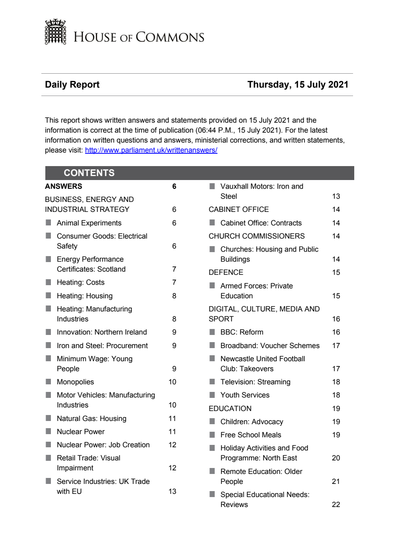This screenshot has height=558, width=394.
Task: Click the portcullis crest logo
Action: (55, 32)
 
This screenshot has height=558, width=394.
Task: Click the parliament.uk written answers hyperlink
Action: (151, 150)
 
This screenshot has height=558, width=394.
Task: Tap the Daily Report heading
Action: (72, 84)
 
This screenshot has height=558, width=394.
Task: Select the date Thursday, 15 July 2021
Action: (298, 84)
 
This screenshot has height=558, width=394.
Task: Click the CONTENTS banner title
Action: (89, 173)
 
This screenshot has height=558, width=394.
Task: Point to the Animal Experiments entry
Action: (89, 223)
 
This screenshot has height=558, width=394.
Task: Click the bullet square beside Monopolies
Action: (49, 382)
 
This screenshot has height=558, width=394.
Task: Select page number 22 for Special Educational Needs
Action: (336, 505)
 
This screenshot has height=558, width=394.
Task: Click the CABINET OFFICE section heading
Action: (239, 209)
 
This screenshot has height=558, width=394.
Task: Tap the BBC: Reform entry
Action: (242, 332)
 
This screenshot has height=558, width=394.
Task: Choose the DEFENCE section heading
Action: (226, 272)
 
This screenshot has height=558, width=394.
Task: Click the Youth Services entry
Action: (245, 395)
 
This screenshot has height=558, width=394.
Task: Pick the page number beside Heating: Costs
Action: (174, 282)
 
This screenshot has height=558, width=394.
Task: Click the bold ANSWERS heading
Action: (64, 186)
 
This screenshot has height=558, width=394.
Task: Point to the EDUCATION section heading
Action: (230, 409)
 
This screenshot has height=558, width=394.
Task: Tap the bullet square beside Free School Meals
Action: (212, 435)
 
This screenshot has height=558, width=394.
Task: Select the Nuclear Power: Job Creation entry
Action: (103, 445)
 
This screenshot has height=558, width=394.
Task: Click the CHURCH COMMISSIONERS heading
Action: (256, 236)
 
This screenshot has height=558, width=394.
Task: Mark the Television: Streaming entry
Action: (255, 382)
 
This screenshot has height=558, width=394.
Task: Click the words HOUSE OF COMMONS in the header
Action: (139, 37)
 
